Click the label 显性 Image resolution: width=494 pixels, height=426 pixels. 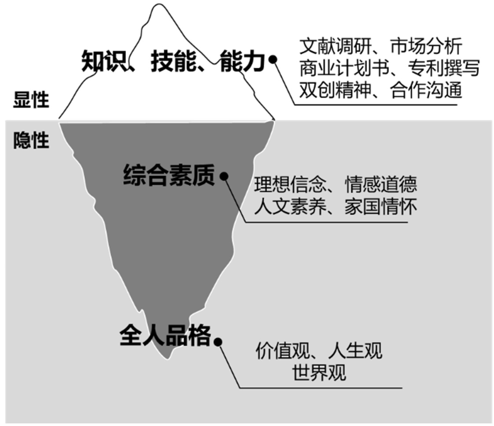[x=31, y=100]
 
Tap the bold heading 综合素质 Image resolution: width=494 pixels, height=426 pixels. [x=169, y=175]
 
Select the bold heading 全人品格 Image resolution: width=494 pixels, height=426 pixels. [x=165, y=336]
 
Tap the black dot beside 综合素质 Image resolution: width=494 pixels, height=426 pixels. [x=224, y=176]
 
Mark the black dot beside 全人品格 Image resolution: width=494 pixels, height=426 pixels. [x=218, y=341]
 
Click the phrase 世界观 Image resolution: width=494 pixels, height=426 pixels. [x=319, y=373]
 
